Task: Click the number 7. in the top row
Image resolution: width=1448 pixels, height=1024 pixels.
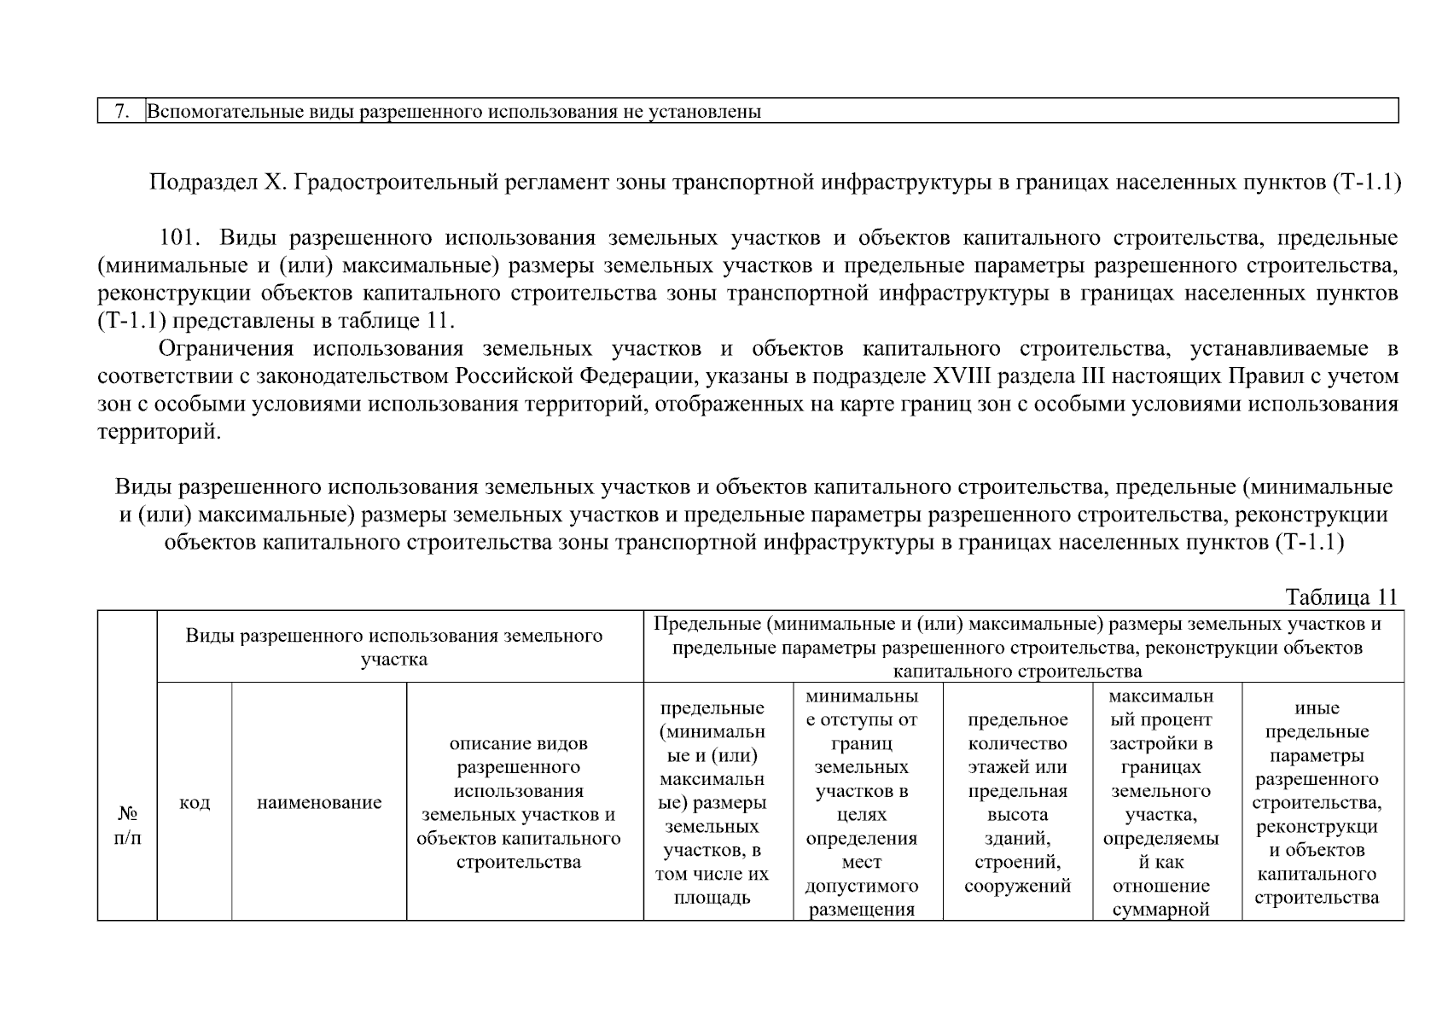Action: [x=121, y=112]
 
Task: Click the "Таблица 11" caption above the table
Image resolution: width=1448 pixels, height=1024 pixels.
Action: [x=1341, y=597]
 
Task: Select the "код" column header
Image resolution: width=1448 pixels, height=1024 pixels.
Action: [x=195, y=803]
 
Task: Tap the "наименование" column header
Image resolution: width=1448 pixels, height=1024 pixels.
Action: [x=319, y=803]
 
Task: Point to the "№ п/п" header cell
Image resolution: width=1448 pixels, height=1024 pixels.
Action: [x=127, y=824]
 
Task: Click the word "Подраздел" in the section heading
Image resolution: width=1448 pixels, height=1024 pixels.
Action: [x=196, y=183]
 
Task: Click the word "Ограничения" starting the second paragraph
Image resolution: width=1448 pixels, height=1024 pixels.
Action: [x=226, y=349]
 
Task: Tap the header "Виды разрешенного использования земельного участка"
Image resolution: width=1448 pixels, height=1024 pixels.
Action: [x=394, y=647]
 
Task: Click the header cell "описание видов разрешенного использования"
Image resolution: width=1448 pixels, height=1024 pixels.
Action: [x=519, y=803]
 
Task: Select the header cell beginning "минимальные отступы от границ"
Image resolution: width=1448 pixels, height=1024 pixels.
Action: [x=862, y=803]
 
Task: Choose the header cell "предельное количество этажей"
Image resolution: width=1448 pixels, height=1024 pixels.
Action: [x=1017, y=803]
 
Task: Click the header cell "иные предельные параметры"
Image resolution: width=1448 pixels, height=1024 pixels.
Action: [x=1317, y=803]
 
